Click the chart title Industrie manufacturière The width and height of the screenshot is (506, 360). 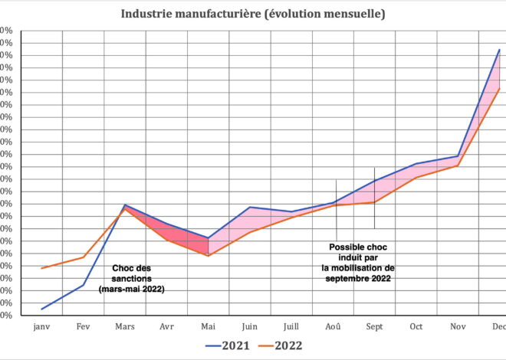coord(253,14)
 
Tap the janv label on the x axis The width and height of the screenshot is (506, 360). coord(41,326)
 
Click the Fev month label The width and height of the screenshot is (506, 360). coord(83,326)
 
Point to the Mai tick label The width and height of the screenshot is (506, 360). coord(209,326)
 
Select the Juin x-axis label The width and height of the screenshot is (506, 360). coord(250,326)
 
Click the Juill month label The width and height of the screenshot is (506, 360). coord(291,326)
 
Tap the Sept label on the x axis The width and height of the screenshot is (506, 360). coord(374,326)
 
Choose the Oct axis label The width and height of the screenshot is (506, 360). coord(416,326)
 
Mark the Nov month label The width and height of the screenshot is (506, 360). coord(458,326)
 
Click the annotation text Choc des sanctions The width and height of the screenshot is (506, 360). coord(132,279)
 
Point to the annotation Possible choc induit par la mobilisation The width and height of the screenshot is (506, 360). coord(357,263)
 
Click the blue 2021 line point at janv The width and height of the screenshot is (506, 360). coord(41,309)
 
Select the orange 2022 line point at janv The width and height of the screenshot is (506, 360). coord(41,268)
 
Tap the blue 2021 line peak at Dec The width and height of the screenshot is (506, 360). coord(499,50)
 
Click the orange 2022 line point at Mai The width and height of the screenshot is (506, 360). coord(209,255)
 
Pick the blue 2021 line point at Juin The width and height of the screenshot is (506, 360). coord(250,208)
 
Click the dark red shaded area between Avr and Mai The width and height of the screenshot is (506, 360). coord(193,241)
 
